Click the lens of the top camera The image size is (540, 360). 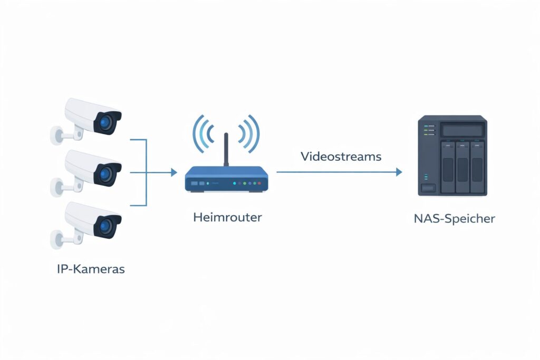click(108, 122)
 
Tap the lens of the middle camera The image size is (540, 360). click(108, 174)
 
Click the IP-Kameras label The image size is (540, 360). click(91, 269)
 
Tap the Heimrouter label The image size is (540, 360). click(227, 217)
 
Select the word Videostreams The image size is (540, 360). click(341, 157)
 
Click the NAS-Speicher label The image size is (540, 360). click(455, 218)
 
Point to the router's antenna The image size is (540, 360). click(226, 150)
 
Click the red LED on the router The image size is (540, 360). click(240, 183)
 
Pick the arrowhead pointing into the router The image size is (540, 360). click(174, 172)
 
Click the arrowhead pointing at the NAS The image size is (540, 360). click(399, 172)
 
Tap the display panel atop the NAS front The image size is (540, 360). click(462, 130)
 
